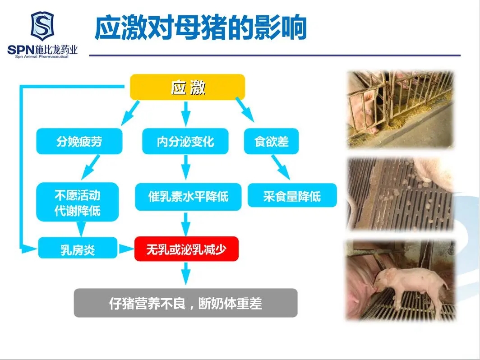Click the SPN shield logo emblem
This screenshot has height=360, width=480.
pos(42,26)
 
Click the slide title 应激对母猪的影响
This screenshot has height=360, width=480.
pos(200,28)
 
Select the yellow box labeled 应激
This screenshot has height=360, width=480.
pos(188,87)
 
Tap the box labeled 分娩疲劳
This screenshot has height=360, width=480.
pos(79,141)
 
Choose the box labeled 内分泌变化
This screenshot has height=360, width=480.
pos(185,141)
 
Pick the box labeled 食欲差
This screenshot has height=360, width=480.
pos(271,141)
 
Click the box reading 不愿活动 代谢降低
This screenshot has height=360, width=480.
pos(78,202)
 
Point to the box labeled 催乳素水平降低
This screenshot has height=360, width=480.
pos(188,197)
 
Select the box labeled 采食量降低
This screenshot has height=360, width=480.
pos(292,195)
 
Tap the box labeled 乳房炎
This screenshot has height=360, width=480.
pos(78,248)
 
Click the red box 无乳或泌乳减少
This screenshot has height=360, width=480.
pos(186,249)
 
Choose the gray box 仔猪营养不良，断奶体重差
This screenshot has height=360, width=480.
pos(185,303)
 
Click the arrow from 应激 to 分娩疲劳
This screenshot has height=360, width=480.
pos(130,113)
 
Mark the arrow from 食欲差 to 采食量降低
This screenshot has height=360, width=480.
pos(280,167)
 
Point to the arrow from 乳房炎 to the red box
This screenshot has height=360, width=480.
pos(126,249)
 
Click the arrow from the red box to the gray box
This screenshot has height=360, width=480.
pos(185,273)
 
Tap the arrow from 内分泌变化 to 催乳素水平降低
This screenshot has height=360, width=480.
pos(185,167)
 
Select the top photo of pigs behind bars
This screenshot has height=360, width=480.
pos(400,109)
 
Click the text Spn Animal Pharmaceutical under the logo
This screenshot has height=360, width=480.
pos(42,57)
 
